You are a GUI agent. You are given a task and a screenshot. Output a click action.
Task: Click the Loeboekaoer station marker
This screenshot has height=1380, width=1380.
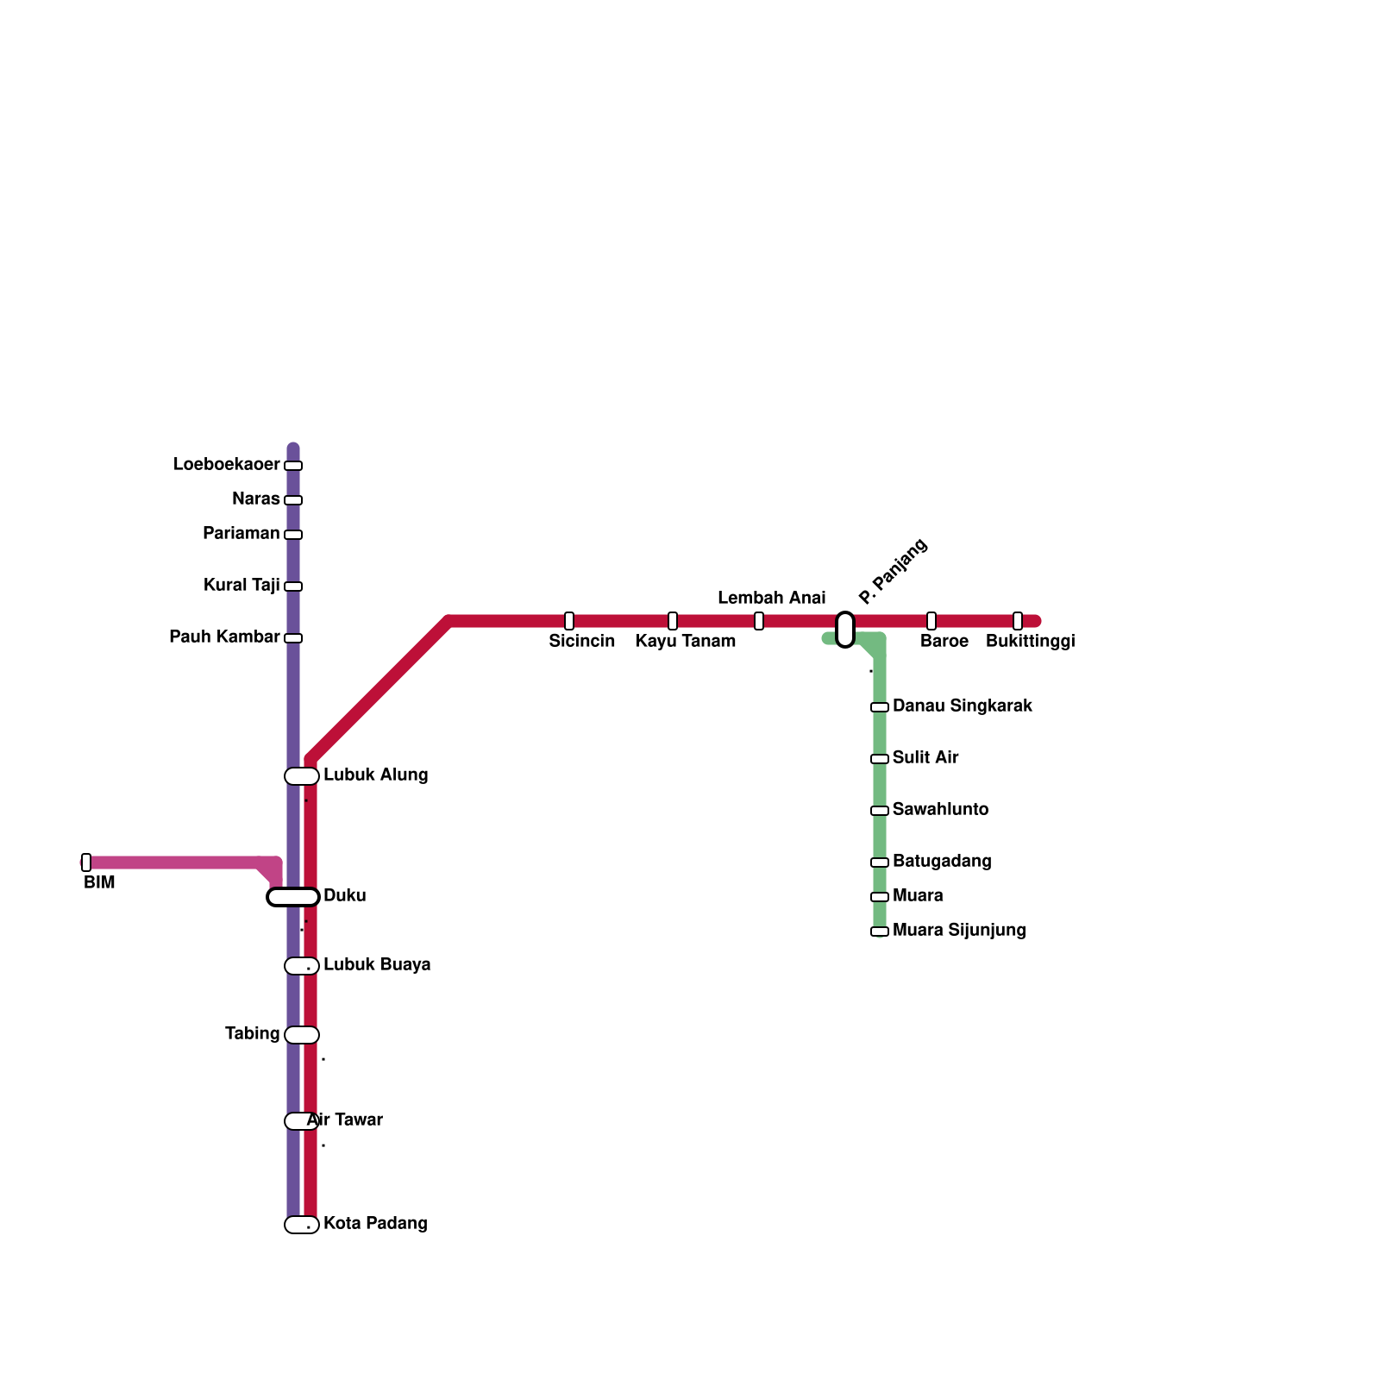293,466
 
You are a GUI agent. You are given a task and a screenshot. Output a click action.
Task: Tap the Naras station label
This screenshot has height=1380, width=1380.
255,499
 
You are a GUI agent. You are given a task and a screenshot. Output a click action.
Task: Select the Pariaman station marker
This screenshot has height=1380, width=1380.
293,535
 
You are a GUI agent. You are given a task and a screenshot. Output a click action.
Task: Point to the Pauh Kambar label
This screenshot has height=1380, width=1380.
224,637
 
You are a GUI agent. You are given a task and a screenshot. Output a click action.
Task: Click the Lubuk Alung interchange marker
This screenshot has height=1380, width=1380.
302,776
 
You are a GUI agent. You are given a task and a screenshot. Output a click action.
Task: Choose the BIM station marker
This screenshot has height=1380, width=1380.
86,862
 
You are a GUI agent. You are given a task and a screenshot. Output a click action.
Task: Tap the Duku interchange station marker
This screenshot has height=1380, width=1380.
293,897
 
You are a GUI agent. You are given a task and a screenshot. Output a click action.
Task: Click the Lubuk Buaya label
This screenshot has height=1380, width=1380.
377,965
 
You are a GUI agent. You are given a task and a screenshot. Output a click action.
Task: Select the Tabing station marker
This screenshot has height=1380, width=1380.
302,1035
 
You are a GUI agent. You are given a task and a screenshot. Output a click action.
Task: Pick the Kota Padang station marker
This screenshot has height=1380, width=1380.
302,1225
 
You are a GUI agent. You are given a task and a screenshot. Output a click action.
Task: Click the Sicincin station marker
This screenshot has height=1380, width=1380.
569,621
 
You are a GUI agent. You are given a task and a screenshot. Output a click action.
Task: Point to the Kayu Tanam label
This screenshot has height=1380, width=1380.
686,642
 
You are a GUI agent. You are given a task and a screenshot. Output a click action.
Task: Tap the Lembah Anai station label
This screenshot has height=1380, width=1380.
771,599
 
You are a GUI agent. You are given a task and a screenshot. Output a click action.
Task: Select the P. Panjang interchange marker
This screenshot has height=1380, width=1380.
845,630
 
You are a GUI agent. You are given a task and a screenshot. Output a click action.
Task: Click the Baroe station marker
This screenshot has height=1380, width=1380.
931,621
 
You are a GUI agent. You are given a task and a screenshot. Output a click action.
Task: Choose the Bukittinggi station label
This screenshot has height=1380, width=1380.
1030,642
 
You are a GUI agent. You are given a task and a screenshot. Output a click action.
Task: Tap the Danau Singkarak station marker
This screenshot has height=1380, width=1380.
880,707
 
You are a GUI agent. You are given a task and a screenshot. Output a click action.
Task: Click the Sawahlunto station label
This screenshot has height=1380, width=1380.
940,810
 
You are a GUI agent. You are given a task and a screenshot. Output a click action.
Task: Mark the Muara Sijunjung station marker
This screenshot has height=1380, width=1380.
880,931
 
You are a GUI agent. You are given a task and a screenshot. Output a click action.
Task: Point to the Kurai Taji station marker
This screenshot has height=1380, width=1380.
293,586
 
